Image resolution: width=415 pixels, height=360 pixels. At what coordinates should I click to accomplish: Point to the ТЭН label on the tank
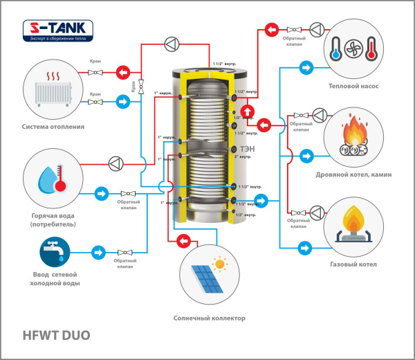(247, 150)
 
